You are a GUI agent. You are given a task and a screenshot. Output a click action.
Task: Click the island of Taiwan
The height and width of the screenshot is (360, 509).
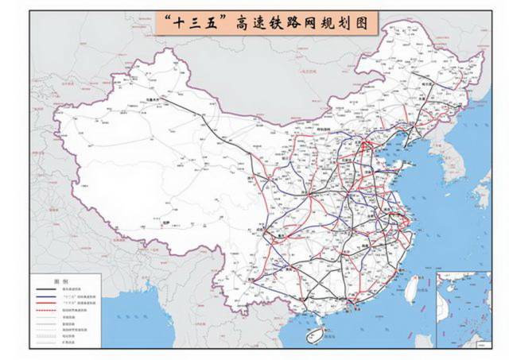click(414, 286)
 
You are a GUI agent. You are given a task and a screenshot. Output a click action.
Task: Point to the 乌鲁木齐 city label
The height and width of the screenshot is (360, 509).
click(152, 99)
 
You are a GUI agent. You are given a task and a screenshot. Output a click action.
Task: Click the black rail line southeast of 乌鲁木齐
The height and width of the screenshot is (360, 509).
click(199, 119)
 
